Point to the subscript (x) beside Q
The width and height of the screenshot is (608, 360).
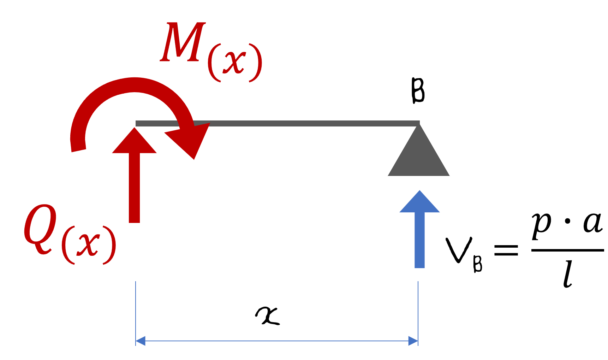[89, 244]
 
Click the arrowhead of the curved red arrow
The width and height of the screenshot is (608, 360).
[191, 140]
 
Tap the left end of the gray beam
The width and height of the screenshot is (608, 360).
[137, 123]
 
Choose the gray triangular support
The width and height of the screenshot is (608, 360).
[419, 155]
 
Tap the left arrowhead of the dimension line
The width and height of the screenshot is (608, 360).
[140, 341]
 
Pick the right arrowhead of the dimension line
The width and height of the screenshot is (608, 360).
[413, 341]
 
